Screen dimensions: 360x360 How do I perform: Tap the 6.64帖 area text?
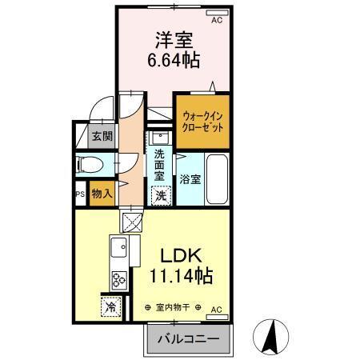click(x=173, y=61)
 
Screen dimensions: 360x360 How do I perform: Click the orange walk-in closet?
click(x=202, y=121)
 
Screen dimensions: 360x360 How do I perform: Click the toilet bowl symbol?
click(x=90, y=165)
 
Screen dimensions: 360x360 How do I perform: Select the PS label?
click(x=80, y=194)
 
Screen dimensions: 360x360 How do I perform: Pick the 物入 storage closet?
click(x=102, y=194)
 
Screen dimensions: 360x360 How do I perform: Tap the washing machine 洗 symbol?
click(x=161, y=194)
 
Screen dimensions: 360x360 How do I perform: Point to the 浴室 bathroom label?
click(x=189, y=178)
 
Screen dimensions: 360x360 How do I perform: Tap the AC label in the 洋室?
click(x=217, y=21)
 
